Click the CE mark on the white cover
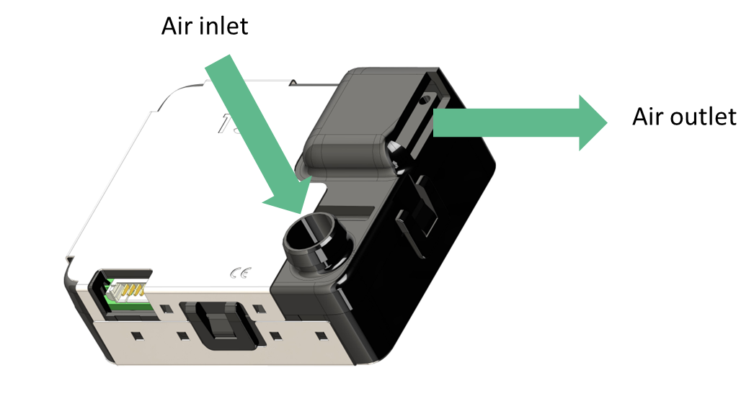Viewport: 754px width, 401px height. click(x=240, y=274)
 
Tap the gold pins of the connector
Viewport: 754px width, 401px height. click(x=130, y=290)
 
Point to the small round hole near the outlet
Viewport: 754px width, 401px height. click(x=425, y=100)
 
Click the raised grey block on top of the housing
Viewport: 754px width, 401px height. click(x=351, y=122)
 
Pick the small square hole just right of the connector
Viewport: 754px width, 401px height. click(x=166, y=308)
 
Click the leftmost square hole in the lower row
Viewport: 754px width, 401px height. click(x=138, y=335)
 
